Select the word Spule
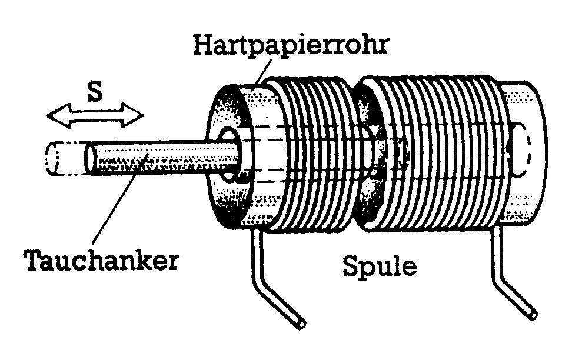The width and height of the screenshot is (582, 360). (x=380, y=266)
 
